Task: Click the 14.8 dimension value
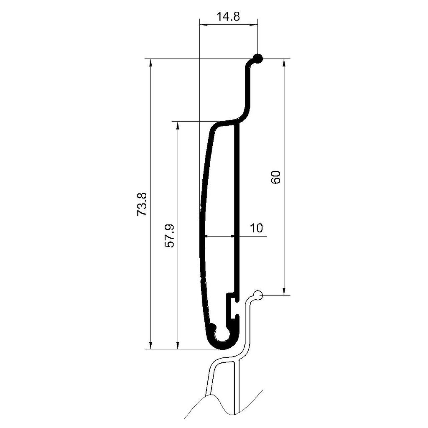(228, 16)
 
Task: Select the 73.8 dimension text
(142, 204)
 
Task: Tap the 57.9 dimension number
(170, 236)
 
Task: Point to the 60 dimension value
(276, 177)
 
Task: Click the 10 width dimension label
(256, 228)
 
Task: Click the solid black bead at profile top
(257, 58)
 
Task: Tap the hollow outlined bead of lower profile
(258, 295)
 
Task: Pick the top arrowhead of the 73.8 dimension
(150, 63)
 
